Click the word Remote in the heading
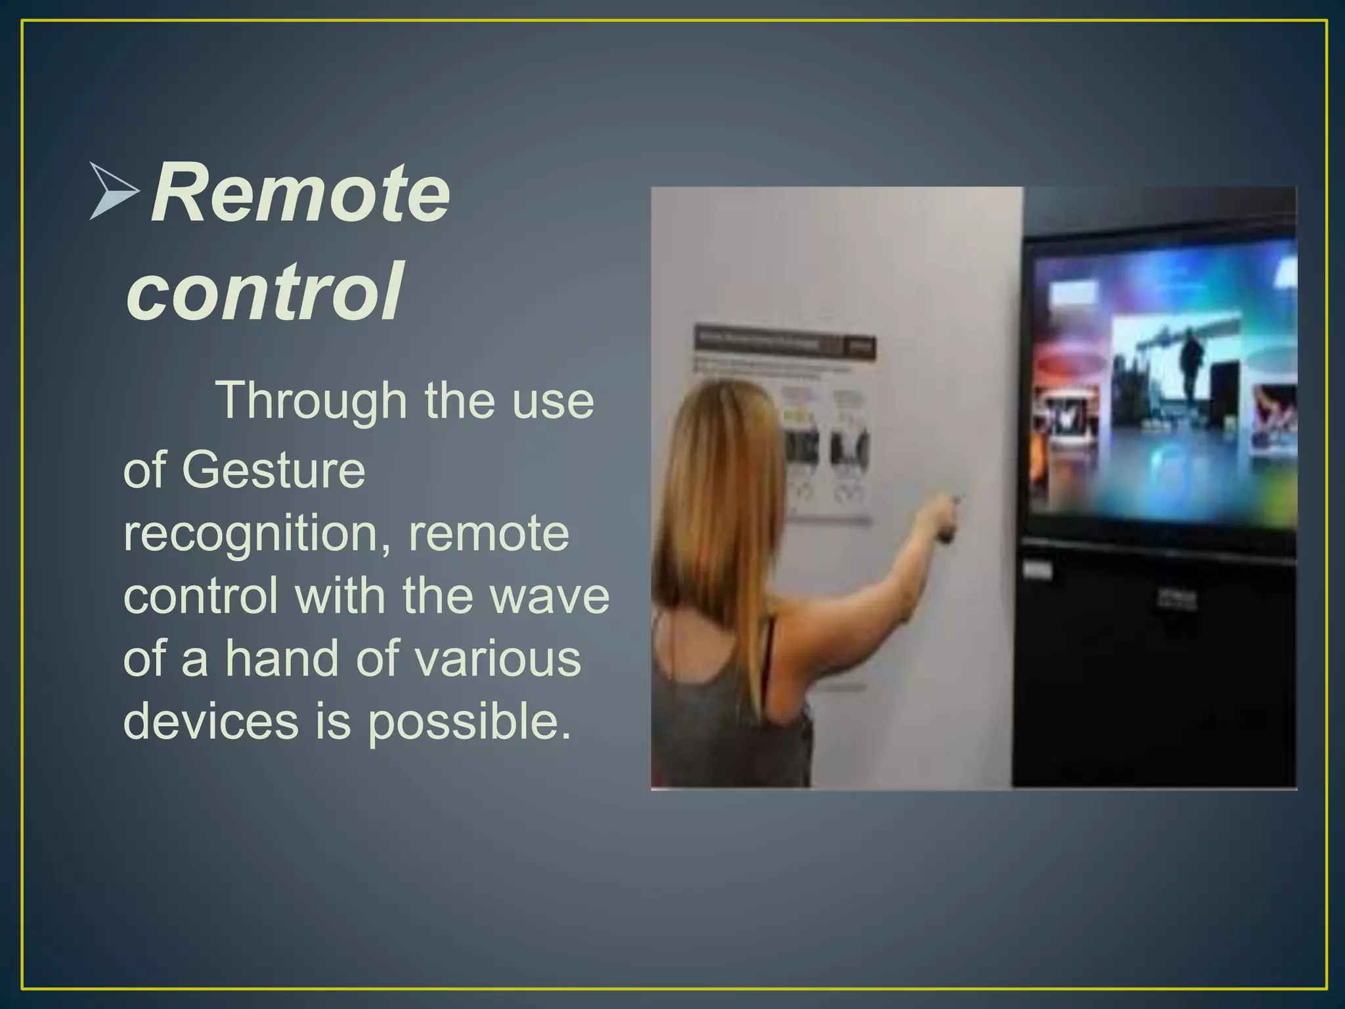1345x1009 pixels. tap(301, 194)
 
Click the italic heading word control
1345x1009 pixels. tap(264, 291)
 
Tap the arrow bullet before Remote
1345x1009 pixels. tap(114, 191)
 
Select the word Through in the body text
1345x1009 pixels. tap(311, 401)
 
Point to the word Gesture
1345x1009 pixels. tap(273, 470)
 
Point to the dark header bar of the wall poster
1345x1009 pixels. tap(785, 341)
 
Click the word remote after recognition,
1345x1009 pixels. tap(489, 534)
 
